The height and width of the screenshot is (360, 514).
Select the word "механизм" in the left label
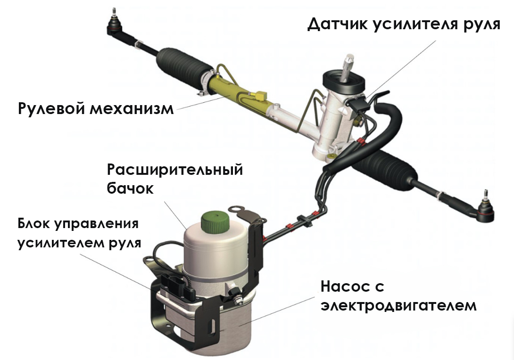point(132,108)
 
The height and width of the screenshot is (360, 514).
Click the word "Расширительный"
point(175,170)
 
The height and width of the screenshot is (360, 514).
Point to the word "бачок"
point(130,188)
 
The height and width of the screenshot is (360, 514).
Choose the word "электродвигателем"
point(398,306)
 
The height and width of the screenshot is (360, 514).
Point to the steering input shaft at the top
point(348,68)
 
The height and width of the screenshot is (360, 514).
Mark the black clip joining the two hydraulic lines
point(304,221)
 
